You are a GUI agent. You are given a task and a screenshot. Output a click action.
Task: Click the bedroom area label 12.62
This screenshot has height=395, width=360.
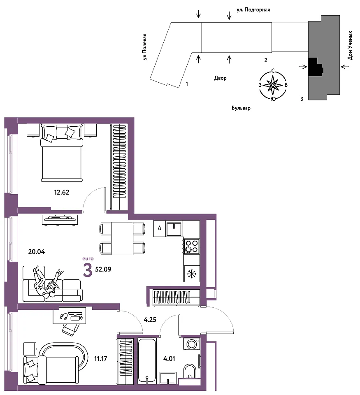61,192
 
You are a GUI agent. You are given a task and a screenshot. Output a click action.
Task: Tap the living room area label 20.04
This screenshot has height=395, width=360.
37,252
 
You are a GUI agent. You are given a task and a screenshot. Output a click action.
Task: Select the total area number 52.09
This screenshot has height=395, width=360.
103,269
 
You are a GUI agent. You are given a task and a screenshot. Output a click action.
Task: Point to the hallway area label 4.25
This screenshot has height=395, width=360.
150,320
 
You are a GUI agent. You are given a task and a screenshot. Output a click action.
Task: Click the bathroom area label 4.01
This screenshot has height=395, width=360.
169,358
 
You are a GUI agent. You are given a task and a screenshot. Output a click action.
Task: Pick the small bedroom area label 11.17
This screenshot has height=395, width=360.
100,358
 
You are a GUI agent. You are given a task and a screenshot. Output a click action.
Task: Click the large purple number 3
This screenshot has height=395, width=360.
88,271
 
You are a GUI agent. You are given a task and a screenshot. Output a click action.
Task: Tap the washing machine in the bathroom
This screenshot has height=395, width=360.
191,344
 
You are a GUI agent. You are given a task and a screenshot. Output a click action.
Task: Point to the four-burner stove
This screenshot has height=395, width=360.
191,246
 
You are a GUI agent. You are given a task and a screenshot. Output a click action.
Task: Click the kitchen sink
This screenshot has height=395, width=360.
174,229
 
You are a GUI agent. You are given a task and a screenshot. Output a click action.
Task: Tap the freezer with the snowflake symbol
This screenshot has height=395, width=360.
191,274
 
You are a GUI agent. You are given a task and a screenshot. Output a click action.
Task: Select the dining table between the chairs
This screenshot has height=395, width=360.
122,238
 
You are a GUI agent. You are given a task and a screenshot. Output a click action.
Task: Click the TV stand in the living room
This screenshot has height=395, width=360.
60,219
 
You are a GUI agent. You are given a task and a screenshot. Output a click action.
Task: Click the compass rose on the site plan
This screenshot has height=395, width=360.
273,85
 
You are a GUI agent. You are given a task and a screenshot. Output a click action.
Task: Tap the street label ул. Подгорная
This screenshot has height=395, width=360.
253,10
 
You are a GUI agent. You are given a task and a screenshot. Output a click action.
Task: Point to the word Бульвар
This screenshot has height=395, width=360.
241,108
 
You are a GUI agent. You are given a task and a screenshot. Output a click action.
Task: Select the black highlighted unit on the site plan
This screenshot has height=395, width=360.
316,67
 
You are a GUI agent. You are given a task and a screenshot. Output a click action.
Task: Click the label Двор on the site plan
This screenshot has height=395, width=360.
221,78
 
